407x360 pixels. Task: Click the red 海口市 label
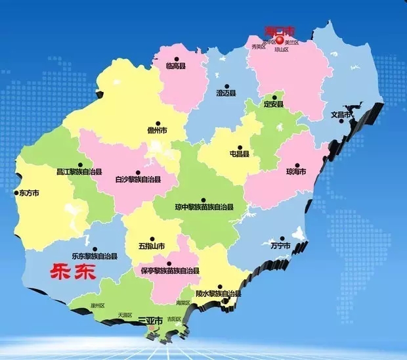pos(280,30)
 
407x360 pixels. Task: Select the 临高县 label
pos(177,66)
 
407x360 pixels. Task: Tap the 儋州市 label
pos(158,131)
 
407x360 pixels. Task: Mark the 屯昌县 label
pos(239,154)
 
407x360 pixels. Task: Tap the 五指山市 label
pos(152,246)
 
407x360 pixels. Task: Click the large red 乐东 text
pos(73,272)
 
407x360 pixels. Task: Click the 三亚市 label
pos(150,321)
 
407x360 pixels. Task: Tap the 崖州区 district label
pos(98,306)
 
